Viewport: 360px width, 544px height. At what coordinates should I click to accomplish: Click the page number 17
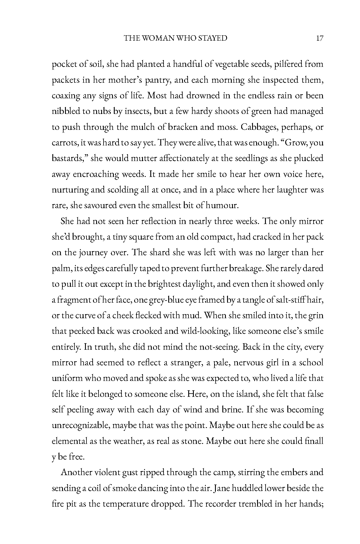[320, 38]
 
